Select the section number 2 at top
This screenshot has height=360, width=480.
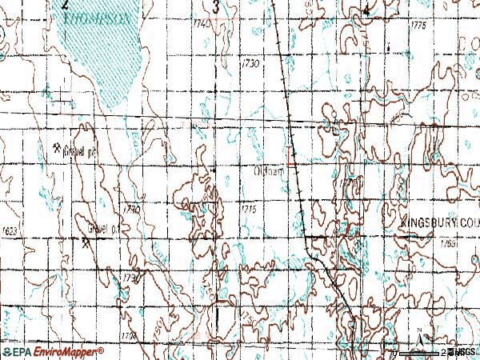click(65, 5)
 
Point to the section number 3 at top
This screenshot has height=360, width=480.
click(216, 6)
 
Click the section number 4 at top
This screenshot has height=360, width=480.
click(366, 10)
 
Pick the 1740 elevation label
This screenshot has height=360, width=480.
click(203, 25)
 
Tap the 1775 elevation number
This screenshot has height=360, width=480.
click(417, 26)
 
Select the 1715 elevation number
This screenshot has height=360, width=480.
click(248, 208)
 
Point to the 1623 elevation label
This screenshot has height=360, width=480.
click(10, 230)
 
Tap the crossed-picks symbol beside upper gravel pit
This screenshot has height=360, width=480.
click(58, 147)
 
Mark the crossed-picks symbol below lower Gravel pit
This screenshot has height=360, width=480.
click(86, 241)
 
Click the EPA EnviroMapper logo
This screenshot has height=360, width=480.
click(53, 352)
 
